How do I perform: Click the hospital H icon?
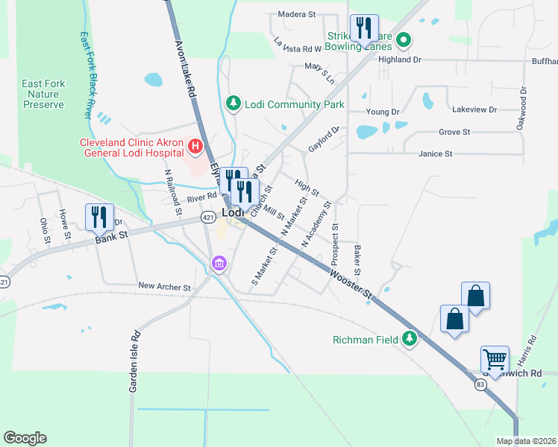coord(195,145)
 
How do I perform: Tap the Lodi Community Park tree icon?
coord(233,104)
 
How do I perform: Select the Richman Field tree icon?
coord(408,339)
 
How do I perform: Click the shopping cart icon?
coord(495,359)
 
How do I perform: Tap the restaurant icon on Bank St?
coord(99,217)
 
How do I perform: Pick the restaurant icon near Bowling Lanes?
coord(364,28)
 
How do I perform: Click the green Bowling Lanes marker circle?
coord(404,40)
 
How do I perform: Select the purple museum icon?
coord(219,264)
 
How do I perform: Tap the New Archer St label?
coord(165,286)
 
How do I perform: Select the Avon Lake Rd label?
coord(185,69)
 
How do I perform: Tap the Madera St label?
coord(297,13)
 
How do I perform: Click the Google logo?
coord(25,438)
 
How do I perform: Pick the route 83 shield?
coord(480,384)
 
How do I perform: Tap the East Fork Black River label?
coord(86,74)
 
